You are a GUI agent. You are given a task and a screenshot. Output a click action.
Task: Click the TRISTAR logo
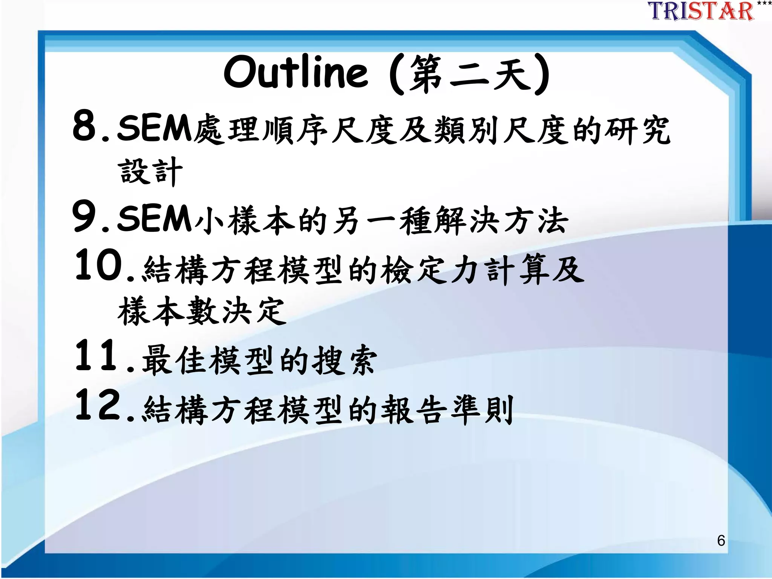[x=701, y=11]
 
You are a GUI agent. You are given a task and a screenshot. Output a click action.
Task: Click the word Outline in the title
[x=296, y=72]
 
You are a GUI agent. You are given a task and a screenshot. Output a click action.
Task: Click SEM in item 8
[x=155, y=129]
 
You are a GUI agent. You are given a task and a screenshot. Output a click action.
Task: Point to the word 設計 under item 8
[x=150, y=172]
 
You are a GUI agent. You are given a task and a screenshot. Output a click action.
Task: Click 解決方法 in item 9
[x=501, y=221]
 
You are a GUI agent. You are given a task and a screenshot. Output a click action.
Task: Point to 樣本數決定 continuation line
[x=202, y=311]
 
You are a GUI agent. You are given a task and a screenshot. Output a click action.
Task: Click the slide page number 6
[x=721, y=541]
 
